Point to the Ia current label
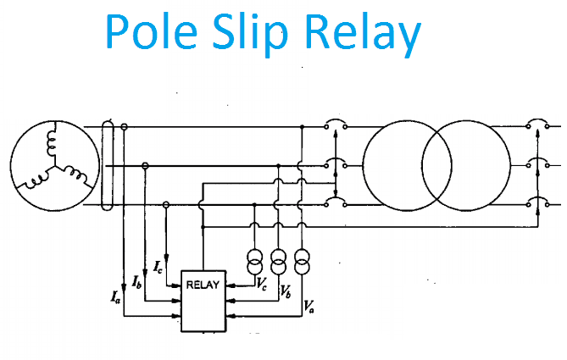click(x=114, y=296)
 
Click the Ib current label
click(x=137, y=280)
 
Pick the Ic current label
click(x=159, y=267)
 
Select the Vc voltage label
click(x=264, y=285)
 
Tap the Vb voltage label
click(x=286, y=294)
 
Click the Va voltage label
click(x=309, y=303)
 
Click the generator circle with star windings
click(x=48, y=163)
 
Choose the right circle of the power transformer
click(x=464, y=164)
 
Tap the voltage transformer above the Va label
click(x=301, y=261)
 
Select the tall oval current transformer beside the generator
click(x=107, y=164)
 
